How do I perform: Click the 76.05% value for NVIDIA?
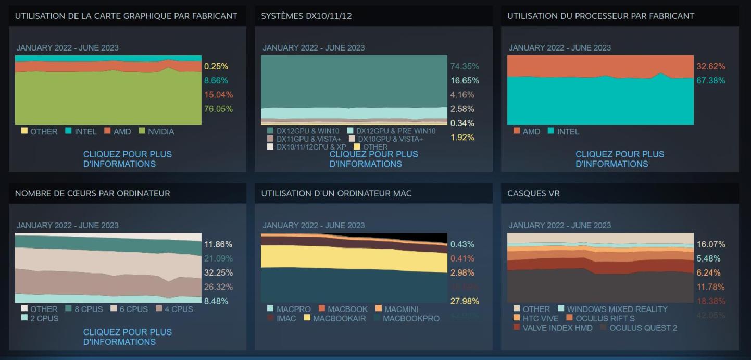218,109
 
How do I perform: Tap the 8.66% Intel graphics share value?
216,81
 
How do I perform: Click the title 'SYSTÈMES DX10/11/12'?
306,16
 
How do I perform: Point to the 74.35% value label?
464,67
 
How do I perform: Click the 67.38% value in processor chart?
710,81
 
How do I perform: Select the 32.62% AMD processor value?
710,67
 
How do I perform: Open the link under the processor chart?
620,159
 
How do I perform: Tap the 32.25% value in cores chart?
218,273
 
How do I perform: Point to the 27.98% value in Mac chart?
464,301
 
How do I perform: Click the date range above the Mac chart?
314,226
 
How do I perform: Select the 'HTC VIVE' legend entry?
540,318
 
